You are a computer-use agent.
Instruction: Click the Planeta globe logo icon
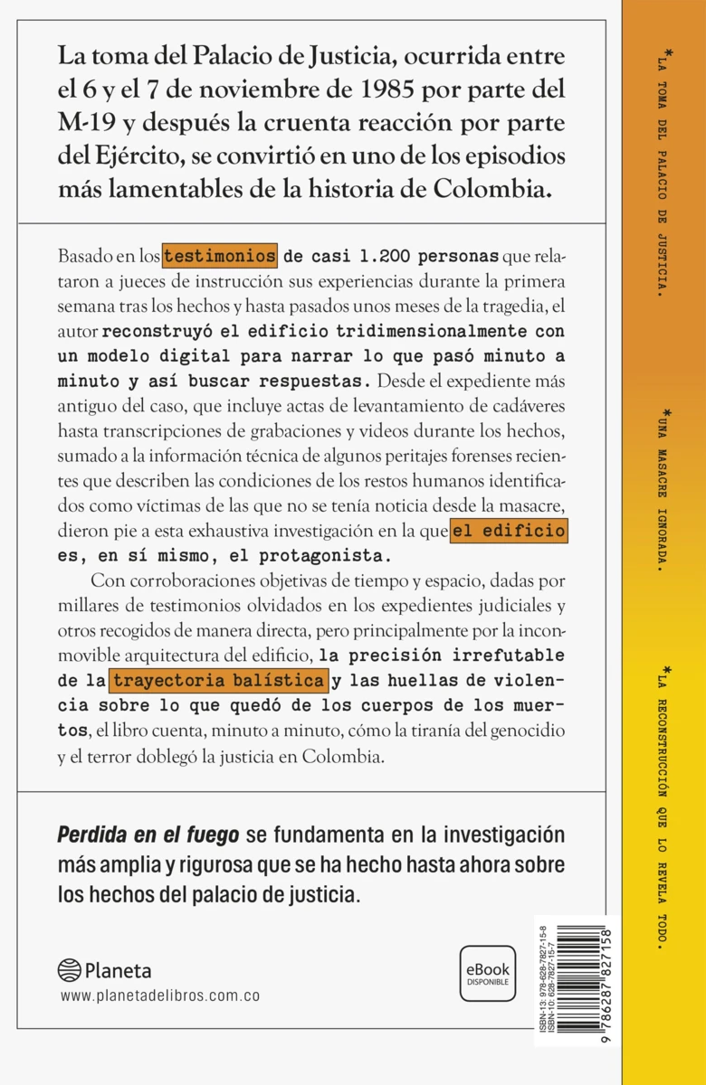click(x=69, y=970)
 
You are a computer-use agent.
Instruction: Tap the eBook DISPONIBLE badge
click(x=488, y=972)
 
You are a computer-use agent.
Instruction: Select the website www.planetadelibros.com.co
click(x=160, y=995)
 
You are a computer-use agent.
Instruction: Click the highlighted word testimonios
click(x=219, y=256)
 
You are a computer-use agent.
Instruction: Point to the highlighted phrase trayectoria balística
click(x=216, y=679)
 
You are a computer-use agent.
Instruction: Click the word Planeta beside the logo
click(x=118, y=971)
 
